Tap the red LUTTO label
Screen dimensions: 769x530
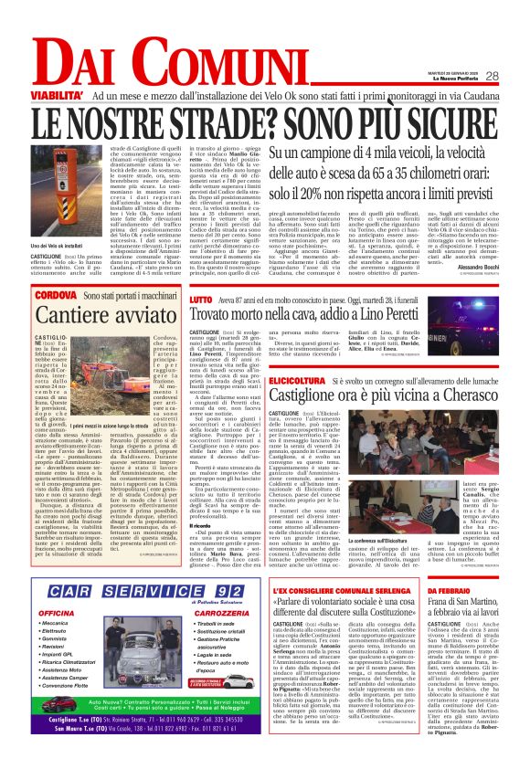click(201, 299)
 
